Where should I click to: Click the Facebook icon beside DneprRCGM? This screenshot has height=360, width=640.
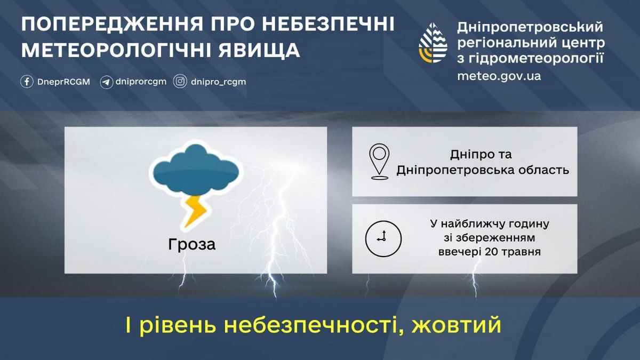point(27,82)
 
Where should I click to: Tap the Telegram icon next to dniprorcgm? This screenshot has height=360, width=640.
point(107,82)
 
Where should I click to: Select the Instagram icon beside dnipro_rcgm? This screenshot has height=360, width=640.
point(181,82)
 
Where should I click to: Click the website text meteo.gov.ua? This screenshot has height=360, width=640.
point(499,76)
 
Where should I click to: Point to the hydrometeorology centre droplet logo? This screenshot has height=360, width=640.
point(433,43)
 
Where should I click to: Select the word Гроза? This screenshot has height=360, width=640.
point(192,245)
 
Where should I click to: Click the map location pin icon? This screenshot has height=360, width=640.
point(379,161)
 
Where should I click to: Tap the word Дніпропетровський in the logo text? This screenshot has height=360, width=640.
point(530,27)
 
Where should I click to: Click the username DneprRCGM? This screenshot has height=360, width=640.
point(63,82)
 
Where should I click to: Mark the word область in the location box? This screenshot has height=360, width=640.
point(548,171)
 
